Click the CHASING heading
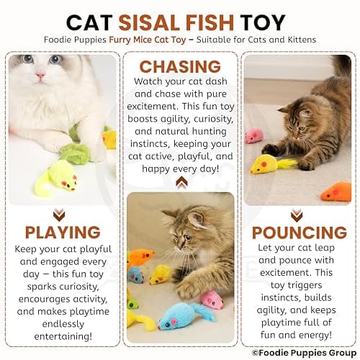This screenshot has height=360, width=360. click(x=180, y=68)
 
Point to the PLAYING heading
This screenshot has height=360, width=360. click(x=62, y=232)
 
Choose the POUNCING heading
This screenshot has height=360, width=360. click(x=298, y=232)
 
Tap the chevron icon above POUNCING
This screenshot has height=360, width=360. click(x=297, y=215)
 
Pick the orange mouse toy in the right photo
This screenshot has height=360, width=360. click(x=336, y=192)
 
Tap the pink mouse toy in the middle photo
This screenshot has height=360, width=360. click(x=212, y=299)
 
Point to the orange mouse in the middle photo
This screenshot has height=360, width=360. click(x=140, y=256)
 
